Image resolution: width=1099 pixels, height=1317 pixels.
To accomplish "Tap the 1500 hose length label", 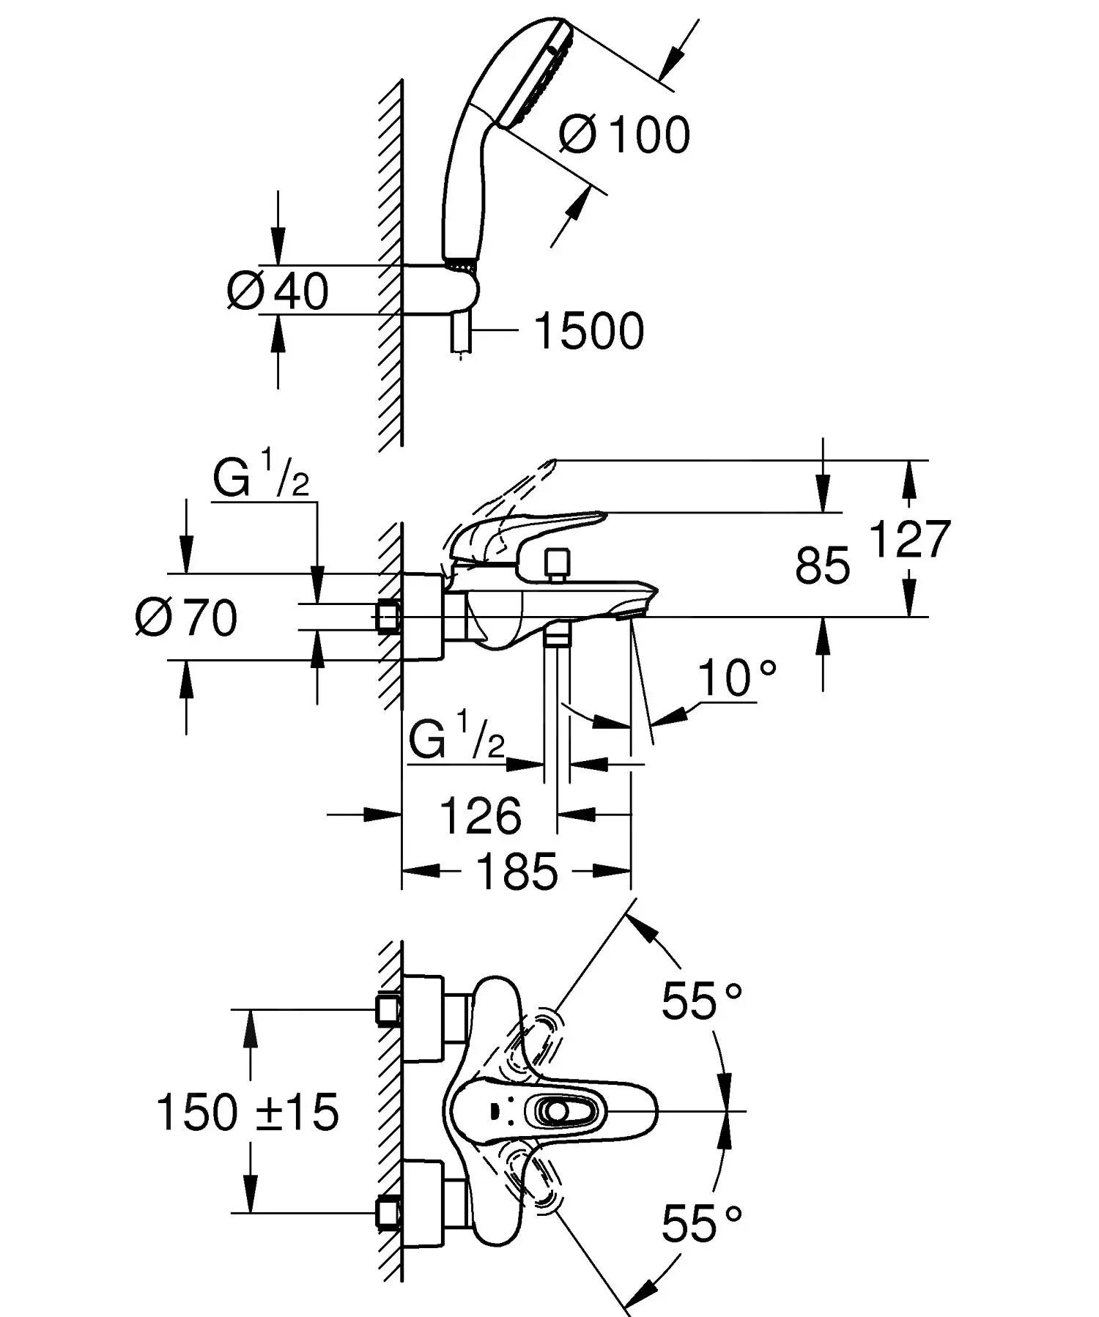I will click(x=589, y=331).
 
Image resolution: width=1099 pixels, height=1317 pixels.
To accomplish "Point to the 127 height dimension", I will click(x=909, y=539).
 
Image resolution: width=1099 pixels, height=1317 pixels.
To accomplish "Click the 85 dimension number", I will click(x=822, y=565).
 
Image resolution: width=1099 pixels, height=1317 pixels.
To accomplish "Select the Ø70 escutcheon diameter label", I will click(x=188, y=617).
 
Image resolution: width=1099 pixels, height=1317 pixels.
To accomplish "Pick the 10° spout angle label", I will click(x=736, y=677).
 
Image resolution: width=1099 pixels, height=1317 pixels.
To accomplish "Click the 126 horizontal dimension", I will click(x=480, y=815).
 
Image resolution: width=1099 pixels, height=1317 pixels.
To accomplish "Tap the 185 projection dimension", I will click(x=517, y=872).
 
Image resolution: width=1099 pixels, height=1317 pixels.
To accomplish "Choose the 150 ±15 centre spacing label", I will click(x=248, y=1112).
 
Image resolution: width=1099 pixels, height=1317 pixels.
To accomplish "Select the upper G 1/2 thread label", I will click(x=261, y=479).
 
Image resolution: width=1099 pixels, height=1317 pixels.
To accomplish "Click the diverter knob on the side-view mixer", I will click(x=558, y=563).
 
